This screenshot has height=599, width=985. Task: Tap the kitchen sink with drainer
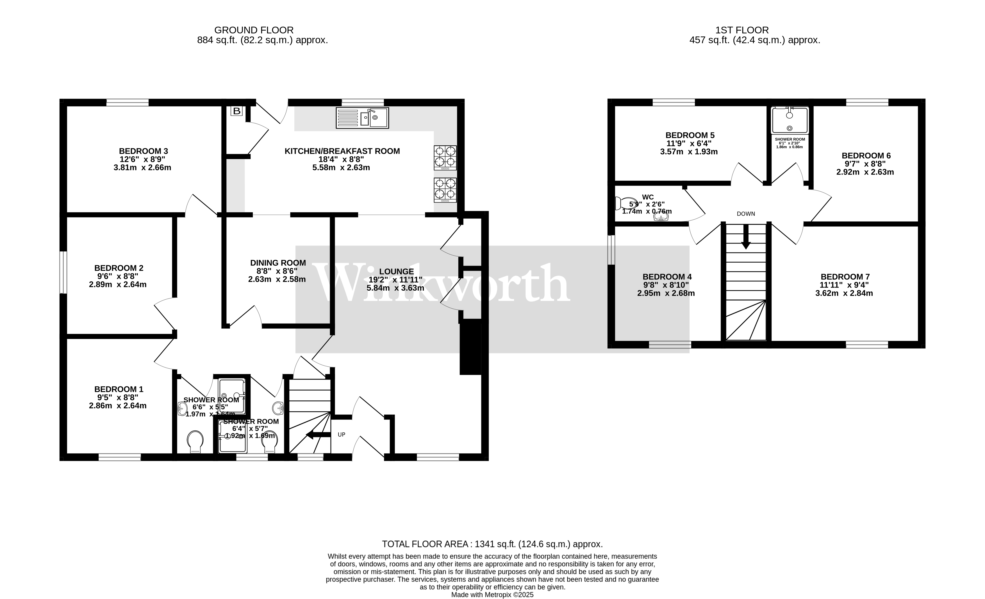(x=362, y=118)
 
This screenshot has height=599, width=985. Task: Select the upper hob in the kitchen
(x=445, y=157)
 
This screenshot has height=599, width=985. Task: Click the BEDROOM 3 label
(x=143, y=151)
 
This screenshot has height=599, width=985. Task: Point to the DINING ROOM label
(x=278, y=263)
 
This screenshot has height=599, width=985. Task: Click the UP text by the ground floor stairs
(x=341, y=435)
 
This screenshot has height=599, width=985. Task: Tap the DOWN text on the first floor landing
(x=746, y=214)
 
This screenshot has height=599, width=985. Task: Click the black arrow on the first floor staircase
(x=745, y=237)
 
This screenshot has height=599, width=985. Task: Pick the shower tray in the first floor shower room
(x=790, y=120)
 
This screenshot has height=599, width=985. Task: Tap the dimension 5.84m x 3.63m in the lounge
(x=395, y=288)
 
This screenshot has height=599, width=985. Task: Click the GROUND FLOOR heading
(x=254, y=30)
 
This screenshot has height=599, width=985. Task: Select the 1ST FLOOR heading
(x=742, y=30)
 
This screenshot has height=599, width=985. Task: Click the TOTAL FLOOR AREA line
(x=492, y=544)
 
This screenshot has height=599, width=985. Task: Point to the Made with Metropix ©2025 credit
(x=492, y=595)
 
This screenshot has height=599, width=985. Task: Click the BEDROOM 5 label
(x=690, y=135)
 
